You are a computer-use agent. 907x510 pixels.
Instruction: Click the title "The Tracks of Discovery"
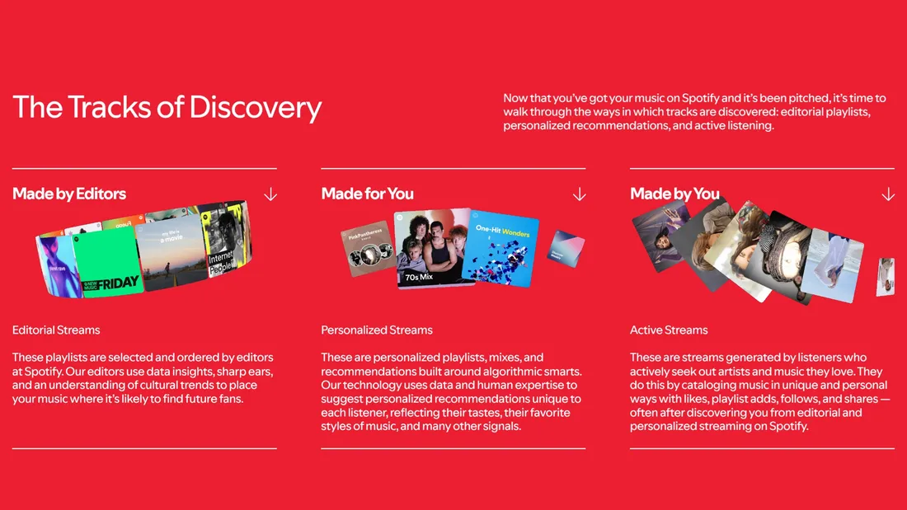167,108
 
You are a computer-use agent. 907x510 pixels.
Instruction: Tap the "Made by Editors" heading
69,194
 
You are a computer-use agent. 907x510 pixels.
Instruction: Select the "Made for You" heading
367,194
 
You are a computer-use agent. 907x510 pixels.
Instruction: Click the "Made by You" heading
675,194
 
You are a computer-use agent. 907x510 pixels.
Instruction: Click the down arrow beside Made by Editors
270,194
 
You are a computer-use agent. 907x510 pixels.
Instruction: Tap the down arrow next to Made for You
579,194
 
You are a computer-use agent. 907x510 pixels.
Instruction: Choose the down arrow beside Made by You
888,194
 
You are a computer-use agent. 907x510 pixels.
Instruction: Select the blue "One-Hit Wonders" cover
501,249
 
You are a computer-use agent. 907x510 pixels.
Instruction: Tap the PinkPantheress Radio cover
369,248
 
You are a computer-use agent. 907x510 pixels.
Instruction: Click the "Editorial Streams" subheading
56,330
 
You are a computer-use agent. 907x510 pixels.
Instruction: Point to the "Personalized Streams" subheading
377,330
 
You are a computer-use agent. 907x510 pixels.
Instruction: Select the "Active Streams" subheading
669,330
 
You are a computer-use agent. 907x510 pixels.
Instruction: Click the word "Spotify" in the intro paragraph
700,98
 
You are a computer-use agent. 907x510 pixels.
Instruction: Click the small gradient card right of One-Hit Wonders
566,249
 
